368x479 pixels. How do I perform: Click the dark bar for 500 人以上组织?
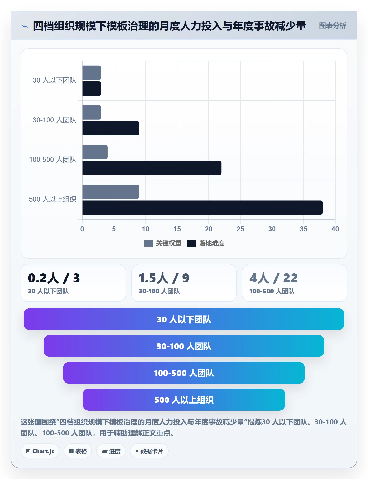tap(202, 208)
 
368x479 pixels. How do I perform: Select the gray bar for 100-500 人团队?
tap(95, 152)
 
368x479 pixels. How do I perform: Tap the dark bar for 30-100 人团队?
tap(111, 128)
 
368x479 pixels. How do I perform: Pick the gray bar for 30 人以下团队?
tap(92, 73)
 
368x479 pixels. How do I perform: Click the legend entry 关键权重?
tap(162, 243)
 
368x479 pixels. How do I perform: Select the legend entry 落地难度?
tap(206, 243)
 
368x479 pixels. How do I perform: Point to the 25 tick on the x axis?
tap(240, 229)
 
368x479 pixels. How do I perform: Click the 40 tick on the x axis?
tap(335, 229)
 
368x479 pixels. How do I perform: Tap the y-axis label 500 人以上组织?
tap(53, 199)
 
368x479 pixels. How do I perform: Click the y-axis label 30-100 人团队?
tap(54, 120)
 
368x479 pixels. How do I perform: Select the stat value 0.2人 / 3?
tap(54, 278)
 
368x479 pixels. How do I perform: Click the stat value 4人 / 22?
tap(273, 278)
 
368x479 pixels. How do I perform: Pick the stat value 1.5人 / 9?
tap(164, 278)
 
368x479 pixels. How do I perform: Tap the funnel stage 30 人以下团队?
tap(184, 319)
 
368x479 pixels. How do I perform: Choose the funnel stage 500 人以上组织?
tap(184, 400)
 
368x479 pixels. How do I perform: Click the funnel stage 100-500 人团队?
tap(184, 373)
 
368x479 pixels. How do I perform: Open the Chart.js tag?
tap(40, 451)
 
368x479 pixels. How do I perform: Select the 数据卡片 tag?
tap(149, 451)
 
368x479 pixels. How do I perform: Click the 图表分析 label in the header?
tap(333, 26)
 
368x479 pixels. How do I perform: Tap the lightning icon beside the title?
tap(25, 26)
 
